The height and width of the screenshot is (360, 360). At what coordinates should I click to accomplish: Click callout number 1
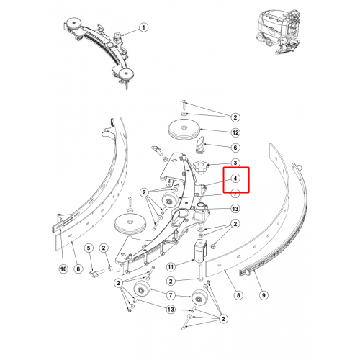click(x=143, y=27)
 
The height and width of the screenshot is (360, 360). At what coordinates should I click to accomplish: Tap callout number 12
click(x=235, y=132)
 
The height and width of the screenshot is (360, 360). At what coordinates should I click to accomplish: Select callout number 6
click(x=235, y=148)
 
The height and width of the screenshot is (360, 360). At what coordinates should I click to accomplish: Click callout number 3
click(x=235, y=163)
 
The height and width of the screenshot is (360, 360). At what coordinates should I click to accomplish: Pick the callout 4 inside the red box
click(x=235, y=179)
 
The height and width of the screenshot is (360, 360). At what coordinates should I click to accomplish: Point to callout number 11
click(x=171, y=267)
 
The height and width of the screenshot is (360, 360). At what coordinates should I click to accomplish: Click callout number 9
click(x=264, y=295)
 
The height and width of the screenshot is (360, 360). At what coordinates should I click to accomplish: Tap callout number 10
click(x=63, y=269)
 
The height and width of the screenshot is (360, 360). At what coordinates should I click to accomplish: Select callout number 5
click(x=89, y=248)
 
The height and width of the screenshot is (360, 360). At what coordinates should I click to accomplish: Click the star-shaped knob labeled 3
click(x=201, y=167)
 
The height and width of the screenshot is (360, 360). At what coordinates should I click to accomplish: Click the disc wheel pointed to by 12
click(x=184, y=130)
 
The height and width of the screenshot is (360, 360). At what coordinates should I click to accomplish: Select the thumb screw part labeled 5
click(x=96, y=274)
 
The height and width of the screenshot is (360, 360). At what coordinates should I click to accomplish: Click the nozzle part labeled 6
click(x=200, y=145)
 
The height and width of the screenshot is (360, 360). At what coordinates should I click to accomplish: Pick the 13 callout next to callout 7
click(x=235, y=209)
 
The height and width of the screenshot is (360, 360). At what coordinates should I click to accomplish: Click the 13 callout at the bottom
click(x=171, y=310)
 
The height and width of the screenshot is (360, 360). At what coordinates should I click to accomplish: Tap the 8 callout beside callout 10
click(x=78, y=269)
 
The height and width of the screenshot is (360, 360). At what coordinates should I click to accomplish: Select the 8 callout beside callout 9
click(x=238, y=295)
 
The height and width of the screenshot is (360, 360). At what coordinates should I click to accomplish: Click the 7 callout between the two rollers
click(x=171, y=295)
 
